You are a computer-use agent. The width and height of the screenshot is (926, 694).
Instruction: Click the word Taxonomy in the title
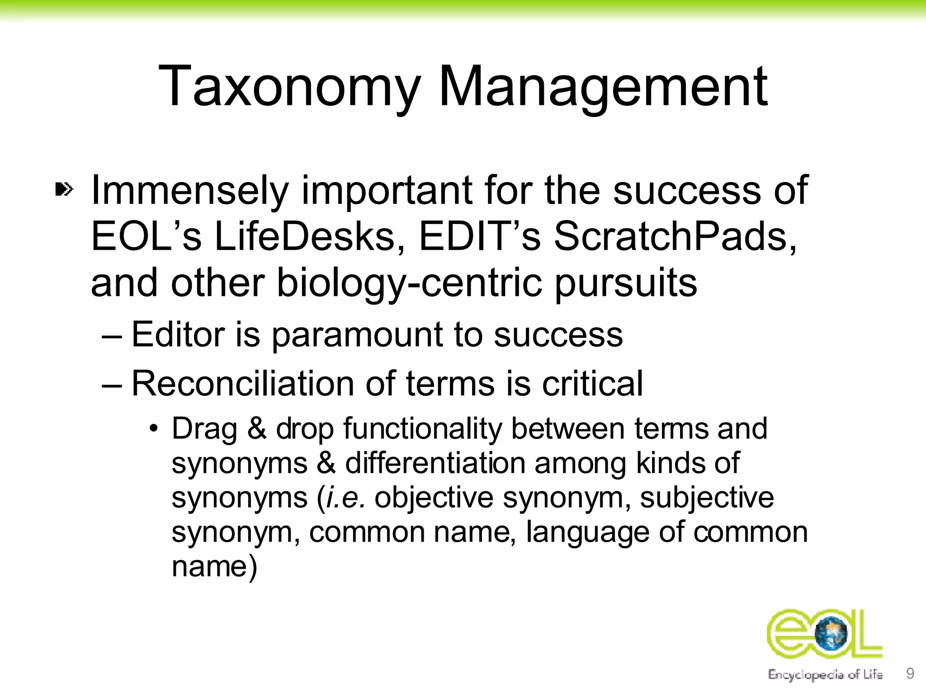click(289, 87)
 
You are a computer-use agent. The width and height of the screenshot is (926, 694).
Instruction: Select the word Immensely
click(190, 191)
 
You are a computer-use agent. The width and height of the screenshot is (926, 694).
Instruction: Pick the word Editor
click(178, 334)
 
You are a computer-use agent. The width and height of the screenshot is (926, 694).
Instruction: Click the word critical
click(592, 384)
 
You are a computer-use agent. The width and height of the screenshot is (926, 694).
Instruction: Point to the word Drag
click(204, 429)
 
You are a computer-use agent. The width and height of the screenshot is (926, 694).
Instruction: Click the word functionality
click(422, 429)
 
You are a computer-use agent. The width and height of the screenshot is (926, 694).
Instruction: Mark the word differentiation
click(435, 463)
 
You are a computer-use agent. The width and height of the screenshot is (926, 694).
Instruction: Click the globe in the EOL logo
click(831, 635)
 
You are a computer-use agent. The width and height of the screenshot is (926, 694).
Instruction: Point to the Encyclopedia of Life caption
click(825, 675)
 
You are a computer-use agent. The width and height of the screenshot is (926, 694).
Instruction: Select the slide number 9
click(910, 673)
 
